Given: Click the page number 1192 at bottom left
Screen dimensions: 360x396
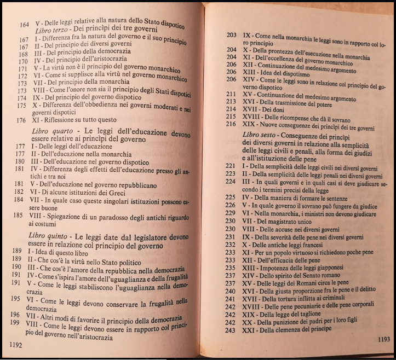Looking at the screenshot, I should pos(15,344).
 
